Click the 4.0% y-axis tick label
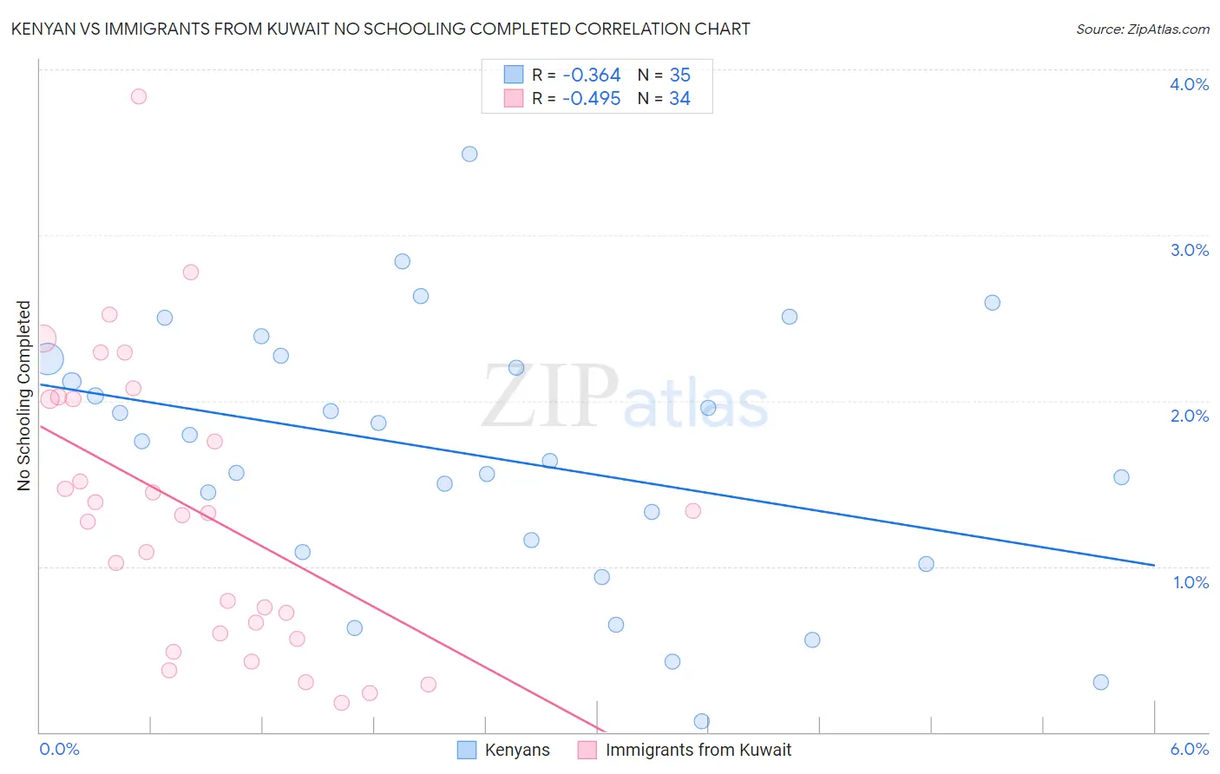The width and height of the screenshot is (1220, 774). pos(1189,84)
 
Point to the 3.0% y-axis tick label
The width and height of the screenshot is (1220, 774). pos(1189,250)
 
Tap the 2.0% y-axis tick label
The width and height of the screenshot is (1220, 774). pos(1189,416)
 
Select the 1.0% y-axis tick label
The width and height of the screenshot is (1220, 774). pos(1190,582)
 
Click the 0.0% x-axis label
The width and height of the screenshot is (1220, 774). pos(59,749)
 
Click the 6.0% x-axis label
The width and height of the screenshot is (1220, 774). pos(1189,749)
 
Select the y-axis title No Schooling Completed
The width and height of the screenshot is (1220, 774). pos(24,396)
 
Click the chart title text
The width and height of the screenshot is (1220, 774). pos(380,29)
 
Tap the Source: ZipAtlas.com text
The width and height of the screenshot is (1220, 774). pos(1142,29)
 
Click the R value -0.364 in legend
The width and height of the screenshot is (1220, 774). pos(591,75)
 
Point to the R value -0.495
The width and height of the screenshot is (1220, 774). pos(591,99)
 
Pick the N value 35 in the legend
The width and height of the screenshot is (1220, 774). pos(679,75)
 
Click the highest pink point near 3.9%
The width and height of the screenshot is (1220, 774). pos(139,96)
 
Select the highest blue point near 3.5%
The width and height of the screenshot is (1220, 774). pos(469,154)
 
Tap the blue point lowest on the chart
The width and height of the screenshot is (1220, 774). pos(702,721)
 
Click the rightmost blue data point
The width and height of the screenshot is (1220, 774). pos(1121,477)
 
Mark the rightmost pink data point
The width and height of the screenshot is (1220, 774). pos(692,511)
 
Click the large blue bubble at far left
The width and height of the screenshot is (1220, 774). pos(49,358)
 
